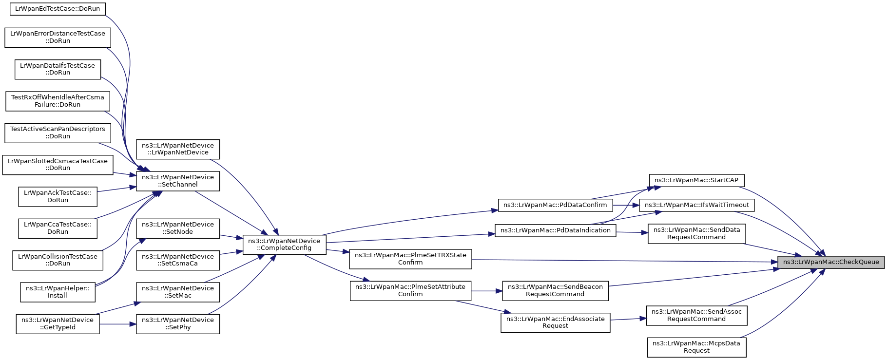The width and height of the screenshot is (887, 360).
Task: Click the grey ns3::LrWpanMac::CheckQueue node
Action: coord(831,262)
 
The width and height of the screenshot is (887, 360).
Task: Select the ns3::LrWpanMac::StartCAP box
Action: coord(696,180)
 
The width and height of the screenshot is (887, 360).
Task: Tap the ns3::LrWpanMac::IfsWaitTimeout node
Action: coord(697,205)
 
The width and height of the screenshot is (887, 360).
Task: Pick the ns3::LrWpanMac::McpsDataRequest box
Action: coord(696,347)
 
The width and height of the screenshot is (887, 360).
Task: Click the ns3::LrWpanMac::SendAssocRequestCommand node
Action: coord(696,315)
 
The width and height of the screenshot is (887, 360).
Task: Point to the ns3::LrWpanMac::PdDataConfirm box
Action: coord(555,205)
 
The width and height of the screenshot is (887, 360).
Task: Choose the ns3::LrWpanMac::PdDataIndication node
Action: coord(556,230)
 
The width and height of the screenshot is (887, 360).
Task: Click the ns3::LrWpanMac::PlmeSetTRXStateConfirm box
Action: coord(410,259)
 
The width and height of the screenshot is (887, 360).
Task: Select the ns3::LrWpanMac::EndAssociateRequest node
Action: coord(555,322)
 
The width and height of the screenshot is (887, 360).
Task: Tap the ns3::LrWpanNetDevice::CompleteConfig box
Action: coord(284,245)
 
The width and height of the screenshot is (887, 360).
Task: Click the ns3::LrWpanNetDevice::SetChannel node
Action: coord(178,181)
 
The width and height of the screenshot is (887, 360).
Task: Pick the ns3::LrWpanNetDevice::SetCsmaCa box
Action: coord(178,260)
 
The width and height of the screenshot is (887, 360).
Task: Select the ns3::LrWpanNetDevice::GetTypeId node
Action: coord(58,323)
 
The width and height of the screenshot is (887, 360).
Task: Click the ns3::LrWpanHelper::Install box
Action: coord(58,292)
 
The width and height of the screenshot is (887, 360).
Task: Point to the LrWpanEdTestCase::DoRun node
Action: coord(58,9)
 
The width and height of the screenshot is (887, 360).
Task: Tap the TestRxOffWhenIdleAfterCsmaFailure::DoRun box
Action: coord(58,101)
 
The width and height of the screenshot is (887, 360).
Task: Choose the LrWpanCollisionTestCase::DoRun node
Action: coord(58,260)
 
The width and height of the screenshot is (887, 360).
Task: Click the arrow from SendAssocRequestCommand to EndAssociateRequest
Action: coord(628,319)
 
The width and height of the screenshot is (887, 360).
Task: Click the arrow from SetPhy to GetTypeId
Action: coord(118,324)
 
